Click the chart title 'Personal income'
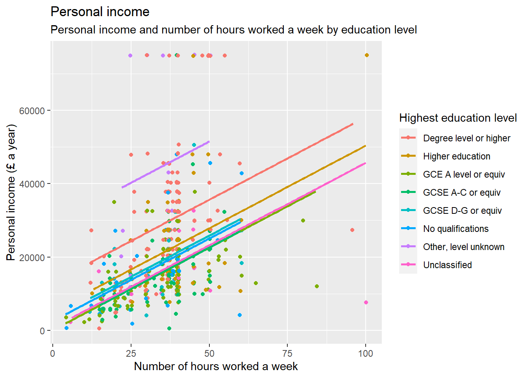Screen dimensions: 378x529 tap(100, 12)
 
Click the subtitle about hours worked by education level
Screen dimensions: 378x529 tap(233, 30)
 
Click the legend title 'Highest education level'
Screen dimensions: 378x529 tap(458, 118)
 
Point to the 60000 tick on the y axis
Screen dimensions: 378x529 tap(32, 111)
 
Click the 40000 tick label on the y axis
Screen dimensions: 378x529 tap(32, 184)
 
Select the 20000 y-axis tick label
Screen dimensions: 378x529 tap(32, 258)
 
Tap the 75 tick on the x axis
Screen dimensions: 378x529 tap(287, 354)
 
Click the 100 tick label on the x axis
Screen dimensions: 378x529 tap(365, 354)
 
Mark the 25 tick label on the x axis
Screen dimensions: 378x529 tap(131, 354)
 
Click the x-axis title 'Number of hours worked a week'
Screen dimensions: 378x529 tap(216, 367)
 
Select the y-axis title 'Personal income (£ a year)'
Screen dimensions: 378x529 tap(11, 192)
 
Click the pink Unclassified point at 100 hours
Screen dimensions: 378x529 tap(366, 302)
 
